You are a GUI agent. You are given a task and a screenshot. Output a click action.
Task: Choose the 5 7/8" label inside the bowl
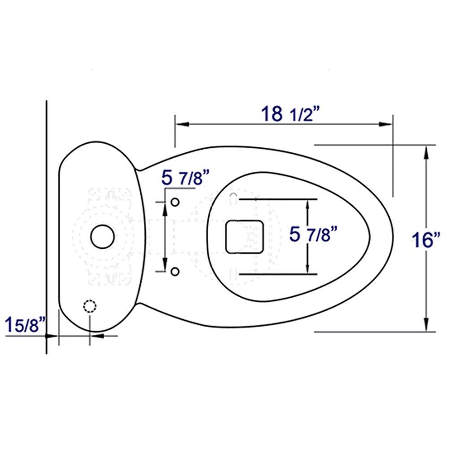pos(313,234)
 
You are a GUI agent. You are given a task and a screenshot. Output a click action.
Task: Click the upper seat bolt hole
pos(176,202)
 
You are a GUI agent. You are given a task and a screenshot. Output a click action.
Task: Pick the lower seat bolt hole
pos(176,271)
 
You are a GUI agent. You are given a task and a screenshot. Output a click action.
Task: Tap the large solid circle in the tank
pos(102,236)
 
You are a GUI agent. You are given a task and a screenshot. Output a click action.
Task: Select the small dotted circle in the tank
pos(90,306)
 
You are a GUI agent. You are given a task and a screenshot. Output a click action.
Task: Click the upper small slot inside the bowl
pos(233,198)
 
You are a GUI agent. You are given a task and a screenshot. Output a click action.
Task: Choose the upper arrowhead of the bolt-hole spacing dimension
pos(165,207)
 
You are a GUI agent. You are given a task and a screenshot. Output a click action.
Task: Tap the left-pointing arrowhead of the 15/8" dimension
pos(96,335)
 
